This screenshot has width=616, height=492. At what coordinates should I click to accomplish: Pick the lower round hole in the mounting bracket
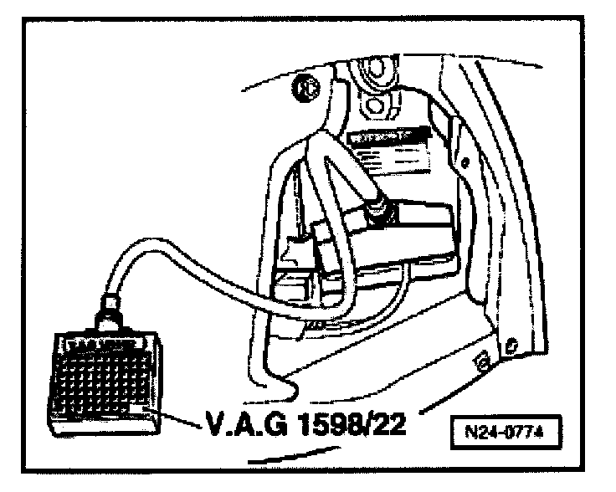(x=373, y=106)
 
